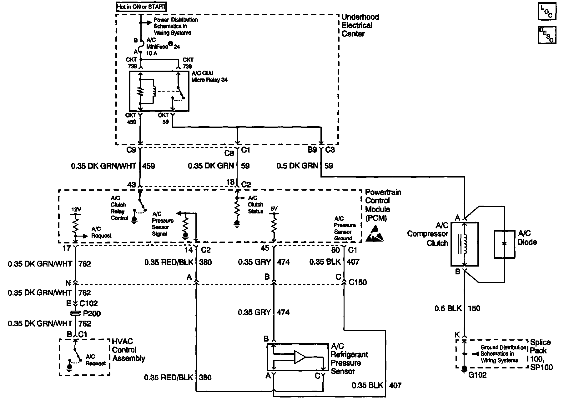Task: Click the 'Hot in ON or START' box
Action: [x=141, y=7]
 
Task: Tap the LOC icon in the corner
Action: [x=546, y=11]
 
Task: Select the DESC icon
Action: [x=546, y=35]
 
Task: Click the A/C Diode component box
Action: [x=504, y=244]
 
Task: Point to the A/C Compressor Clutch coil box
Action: [x=464, y=244]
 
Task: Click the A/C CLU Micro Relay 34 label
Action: [x=209, y=77]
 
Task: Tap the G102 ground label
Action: [x=477, y=375]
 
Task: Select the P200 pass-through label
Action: [x=92, y=313]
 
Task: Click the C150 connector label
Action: [x=358, y=283]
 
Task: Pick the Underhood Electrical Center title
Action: [x=360, y=25]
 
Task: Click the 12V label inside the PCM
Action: [x=76, y=210]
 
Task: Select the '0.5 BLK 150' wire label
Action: [x=457, y=308]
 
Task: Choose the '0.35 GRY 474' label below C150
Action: [x=264, y=312]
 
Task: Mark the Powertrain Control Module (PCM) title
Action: [x=383, y=205]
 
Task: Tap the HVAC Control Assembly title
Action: [x=128, y=350]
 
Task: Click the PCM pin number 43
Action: [x=132, y=185]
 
